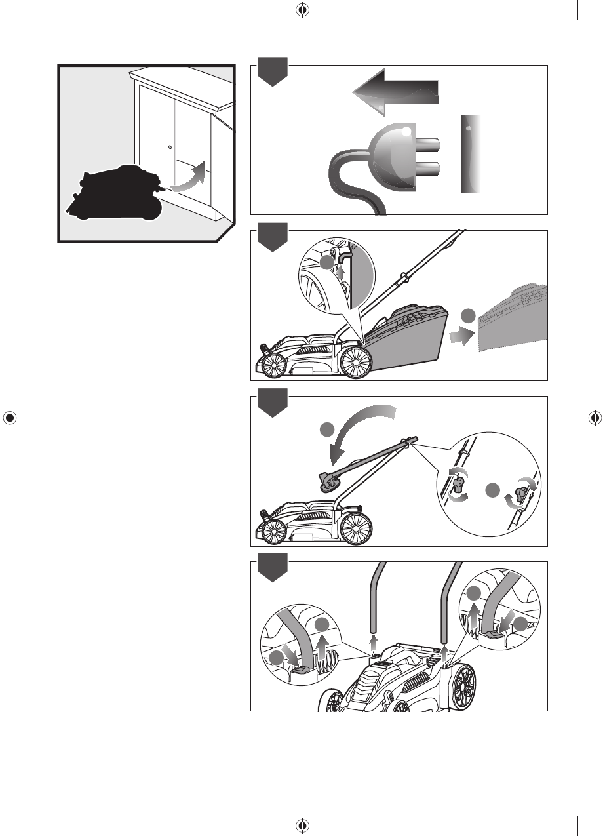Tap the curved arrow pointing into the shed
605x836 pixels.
(189, 179)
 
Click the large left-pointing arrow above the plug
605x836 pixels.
(396, 91)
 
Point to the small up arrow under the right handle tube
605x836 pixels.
(446, 651)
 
